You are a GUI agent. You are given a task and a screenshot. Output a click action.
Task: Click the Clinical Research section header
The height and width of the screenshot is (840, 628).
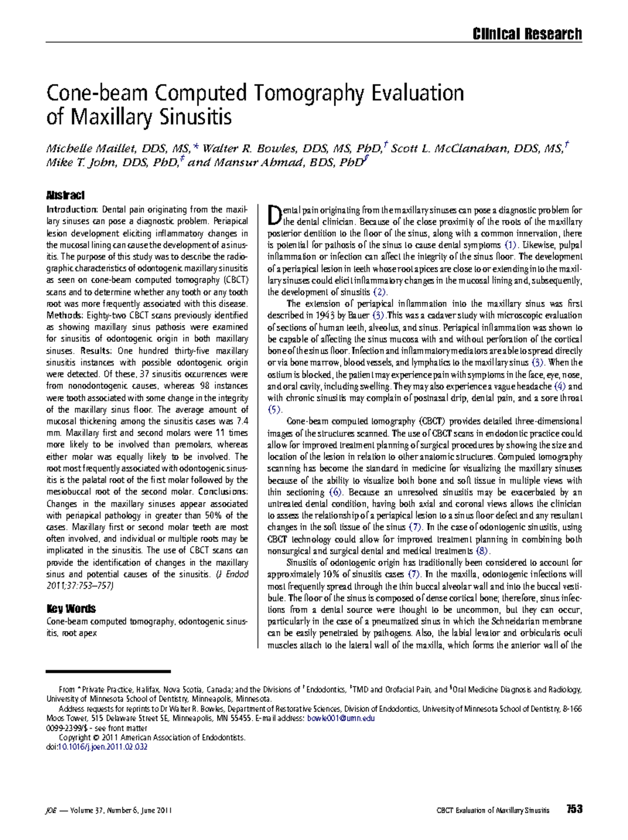pyautogui.click(x=526, y=35)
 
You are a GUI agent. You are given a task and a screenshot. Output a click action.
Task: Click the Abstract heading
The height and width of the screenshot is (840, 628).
pyautogui.click(x=65, y=195)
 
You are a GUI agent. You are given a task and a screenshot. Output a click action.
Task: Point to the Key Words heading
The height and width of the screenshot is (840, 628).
pyautogui.click(x=71, y=608)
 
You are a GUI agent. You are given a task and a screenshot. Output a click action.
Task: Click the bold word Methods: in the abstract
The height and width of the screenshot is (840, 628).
pyautogui.click(x=65, y=315)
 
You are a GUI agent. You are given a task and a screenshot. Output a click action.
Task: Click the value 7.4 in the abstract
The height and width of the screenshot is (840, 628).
pyautogui.click(x=242, y=421)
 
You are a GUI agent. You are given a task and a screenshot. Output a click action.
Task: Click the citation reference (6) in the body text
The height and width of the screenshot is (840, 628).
pyautogui.click(x=335, y=492)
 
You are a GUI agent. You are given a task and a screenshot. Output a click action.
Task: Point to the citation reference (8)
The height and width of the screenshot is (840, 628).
pyautogui.click(x=482, y=551)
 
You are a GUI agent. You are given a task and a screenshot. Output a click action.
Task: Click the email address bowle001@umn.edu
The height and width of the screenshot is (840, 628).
pyautogui.click(x=341, y=718)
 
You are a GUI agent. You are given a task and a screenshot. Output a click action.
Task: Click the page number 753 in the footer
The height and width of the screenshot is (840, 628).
pyautogui.click(x=574, y=809)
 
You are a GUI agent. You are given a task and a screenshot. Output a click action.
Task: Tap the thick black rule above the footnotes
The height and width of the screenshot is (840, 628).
pyautogui.click(x=108, y=671)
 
